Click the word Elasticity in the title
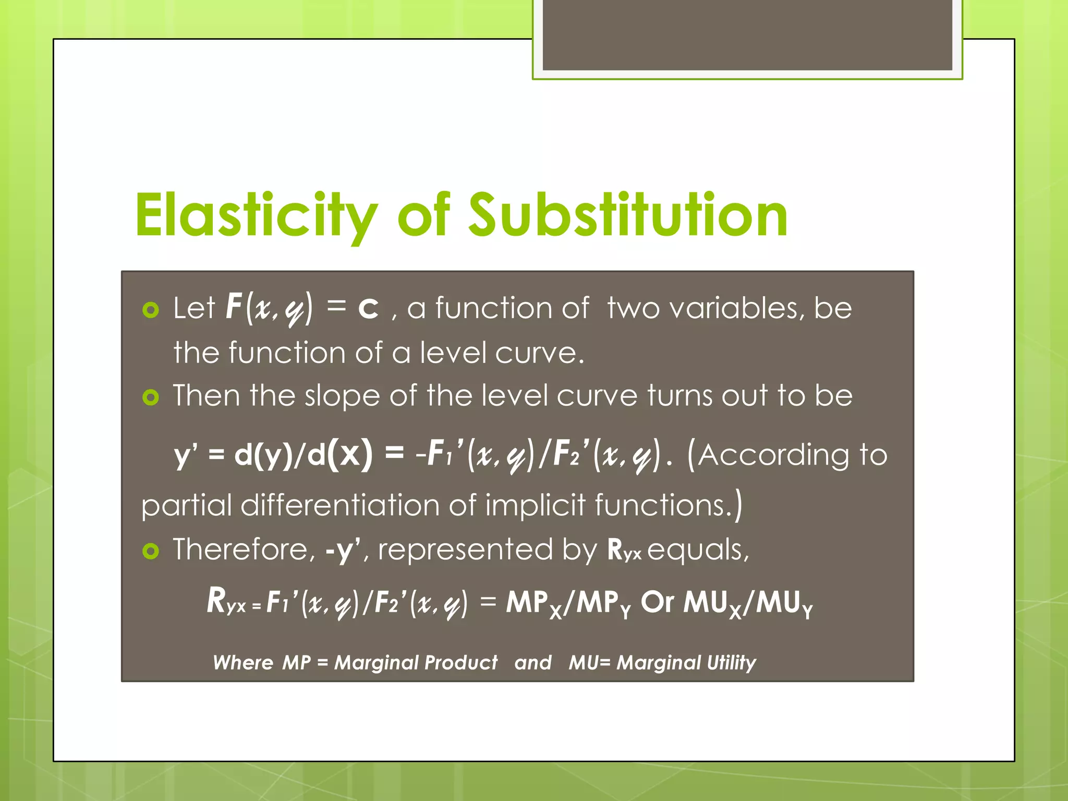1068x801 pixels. point(256,215)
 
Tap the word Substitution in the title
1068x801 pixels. point(628,215)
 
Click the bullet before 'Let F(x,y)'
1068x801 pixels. point(151,310)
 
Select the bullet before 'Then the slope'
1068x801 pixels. point(151,397)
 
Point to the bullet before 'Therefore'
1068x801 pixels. point(151,551)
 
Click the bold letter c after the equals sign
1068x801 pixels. point(368,308)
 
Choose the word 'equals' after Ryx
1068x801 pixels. point(698,551)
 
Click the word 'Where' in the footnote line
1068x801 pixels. point(242,662)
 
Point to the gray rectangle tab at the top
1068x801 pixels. point(747,35)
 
